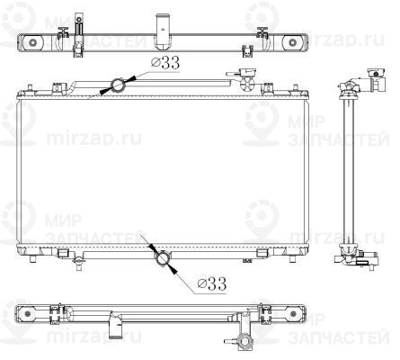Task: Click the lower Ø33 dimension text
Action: (x=209, y=283)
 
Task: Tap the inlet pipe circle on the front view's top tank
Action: (x=118, y=85)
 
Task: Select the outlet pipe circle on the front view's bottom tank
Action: (x=163, y=258)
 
